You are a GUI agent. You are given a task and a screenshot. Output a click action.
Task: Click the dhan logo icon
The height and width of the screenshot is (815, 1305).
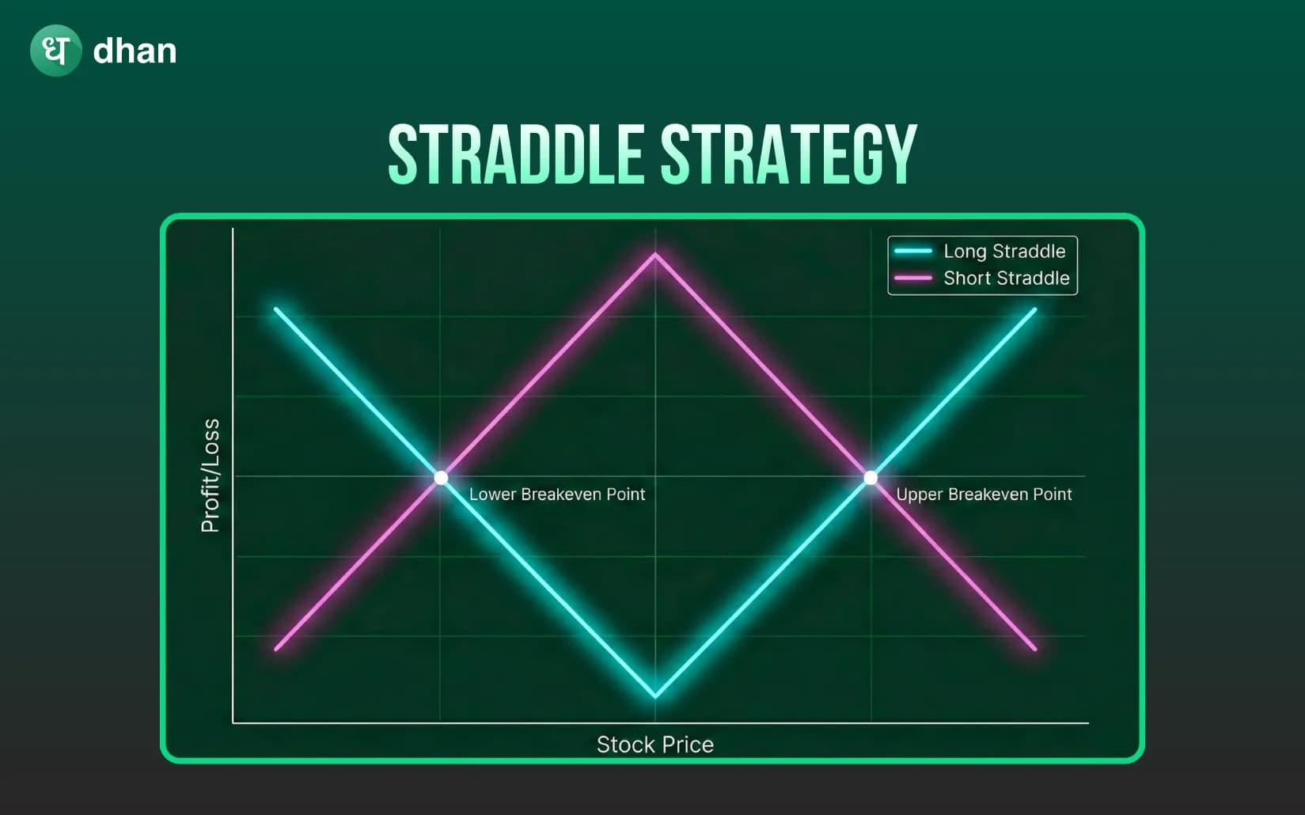[x=55, y=51]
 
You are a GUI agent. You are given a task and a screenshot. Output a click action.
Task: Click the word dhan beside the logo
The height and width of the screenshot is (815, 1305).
[x=135, y=51]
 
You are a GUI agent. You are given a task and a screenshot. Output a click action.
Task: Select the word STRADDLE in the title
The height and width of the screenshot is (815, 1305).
[x=516, y=154]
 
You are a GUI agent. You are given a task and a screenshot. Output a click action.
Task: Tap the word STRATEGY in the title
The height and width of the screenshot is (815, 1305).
[x=788, y=154]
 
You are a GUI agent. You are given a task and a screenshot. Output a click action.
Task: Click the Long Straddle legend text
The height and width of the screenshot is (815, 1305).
[x=1004, y=252]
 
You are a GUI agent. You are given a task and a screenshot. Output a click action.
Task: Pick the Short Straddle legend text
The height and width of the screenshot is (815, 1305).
[x=1006, y=279]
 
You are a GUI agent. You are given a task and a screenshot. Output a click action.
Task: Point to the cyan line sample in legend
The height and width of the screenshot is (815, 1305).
[x=913, y=252]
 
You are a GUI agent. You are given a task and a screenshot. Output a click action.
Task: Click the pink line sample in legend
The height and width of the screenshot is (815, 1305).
[x=913, y=279]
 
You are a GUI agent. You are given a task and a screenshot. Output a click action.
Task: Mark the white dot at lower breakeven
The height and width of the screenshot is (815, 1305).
[x=441, y=477]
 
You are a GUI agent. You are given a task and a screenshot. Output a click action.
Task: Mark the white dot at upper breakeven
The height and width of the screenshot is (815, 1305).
[x=871, y=477]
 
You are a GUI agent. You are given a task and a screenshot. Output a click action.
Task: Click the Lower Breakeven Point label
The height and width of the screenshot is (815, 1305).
[x=557, y=495]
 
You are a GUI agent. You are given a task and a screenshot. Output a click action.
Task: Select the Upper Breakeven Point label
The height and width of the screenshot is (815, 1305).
[x=984, y=495]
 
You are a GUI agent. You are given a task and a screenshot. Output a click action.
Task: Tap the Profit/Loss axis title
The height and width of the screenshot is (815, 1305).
[x=211, y=476]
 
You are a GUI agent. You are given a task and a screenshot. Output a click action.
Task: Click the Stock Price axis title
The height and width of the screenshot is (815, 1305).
[x=655, y=745]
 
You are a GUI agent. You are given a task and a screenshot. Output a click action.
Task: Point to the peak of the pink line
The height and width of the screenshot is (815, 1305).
[x=655, y=255]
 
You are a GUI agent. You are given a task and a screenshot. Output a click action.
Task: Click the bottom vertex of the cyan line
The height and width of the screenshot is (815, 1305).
[x=655, y=696]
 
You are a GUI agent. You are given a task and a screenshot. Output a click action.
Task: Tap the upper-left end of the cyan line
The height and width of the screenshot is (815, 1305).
[x=276, y=309]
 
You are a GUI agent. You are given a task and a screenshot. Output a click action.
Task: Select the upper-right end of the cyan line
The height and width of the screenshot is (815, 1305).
[x=1034, y=310]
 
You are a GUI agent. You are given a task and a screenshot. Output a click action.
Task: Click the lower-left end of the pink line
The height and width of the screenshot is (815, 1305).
[x=276, y=649]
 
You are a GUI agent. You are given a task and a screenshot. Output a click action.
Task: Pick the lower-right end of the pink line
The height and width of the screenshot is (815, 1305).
[x=1034, y=649]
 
